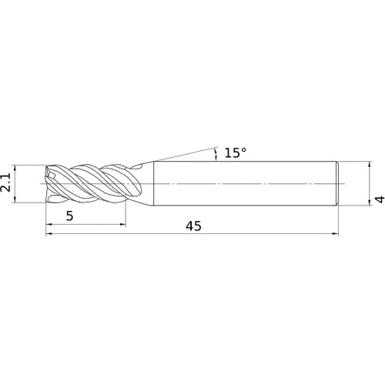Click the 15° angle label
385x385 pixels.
click(235, 152)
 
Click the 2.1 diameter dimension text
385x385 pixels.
click(5, 182)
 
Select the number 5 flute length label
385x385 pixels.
click(69, 216)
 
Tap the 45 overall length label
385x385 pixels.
click(193, 226)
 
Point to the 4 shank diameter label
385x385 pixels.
click(380, 199)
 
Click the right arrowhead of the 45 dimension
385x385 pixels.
click(335, 233)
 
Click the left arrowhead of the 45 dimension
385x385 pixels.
click(49, 233)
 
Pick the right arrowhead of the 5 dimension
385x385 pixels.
click(122, 224)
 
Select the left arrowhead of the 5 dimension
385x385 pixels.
click(49, 224)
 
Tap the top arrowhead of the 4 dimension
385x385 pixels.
click(370, 165)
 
